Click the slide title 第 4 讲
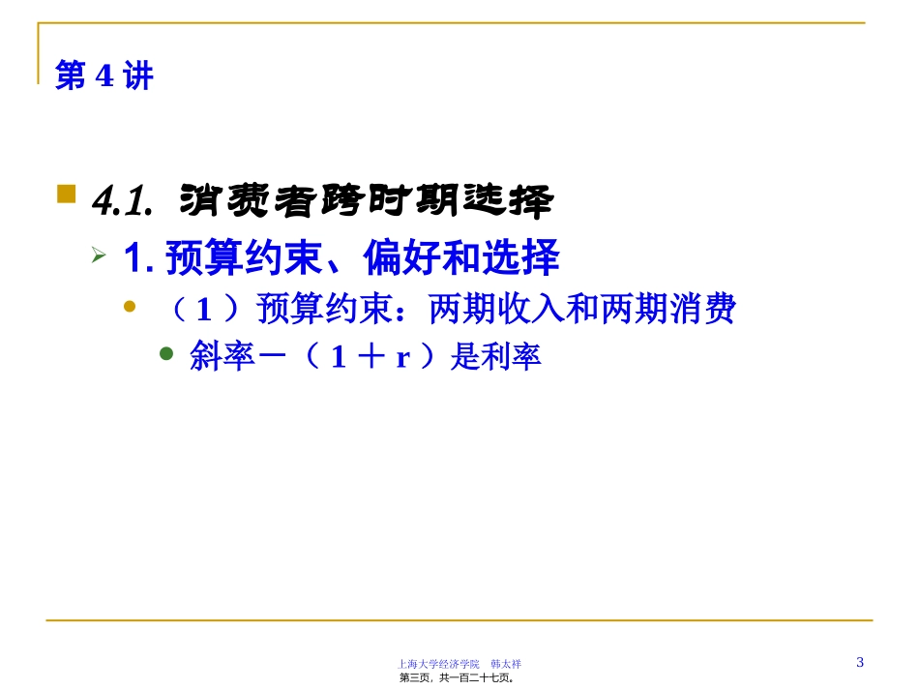coord(104,75)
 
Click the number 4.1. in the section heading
coord(123,201)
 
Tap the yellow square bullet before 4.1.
coord(66,194)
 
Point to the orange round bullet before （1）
coord(130,307)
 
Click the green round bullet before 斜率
coord(166,353)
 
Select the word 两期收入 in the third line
coord(496,309)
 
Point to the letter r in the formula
coord(402,357)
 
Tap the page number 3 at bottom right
coord(860,662)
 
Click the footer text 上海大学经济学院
coord(438,664)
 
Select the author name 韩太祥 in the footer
coord(506,664)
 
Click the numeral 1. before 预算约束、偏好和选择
coord(139,257)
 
